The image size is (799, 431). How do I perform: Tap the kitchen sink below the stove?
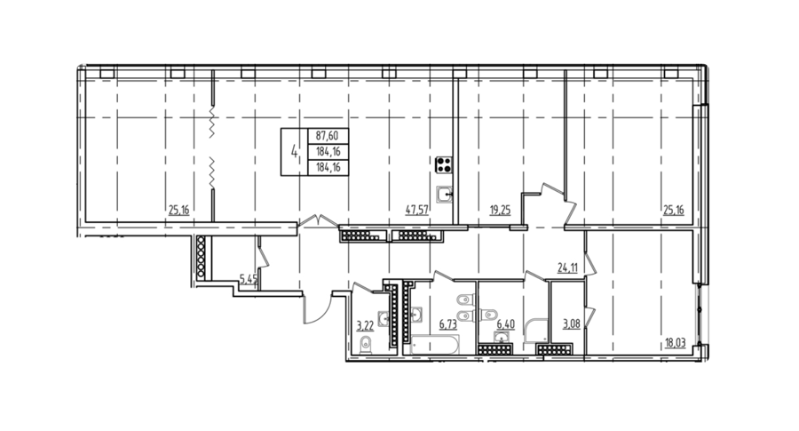(445, 194)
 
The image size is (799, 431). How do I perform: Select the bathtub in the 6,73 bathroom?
(435, 345)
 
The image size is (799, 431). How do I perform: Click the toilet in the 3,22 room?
(366, 346)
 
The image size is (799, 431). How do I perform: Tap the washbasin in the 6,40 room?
(502, 337)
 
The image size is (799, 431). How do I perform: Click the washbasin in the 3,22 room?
(384, 318)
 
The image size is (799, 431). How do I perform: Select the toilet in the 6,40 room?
(488, 313)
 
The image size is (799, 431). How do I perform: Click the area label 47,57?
(417, 210)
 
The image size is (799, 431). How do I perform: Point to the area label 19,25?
(500, 210)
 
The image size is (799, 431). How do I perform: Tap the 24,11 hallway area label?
(567, 267)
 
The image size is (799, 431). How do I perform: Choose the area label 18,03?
(676, 343)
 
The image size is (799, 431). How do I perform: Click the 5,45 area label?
(249, 278)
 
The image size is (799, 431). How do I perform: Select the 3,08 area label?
(571, 323)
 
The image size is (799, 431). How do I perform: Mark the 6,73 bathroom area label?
(448, 323)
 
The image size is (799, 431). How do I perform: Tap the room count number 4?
(294, 151)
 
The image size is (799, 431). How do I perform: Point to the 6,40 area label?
(505, 323)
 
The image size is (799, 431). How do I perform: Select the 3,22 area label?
(366, 325)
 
